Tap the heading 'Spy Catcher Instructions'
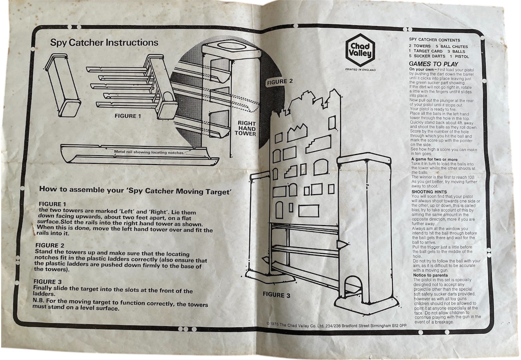[x=104, y=43]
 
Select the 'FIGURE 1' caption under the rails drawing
[x=128, y=116]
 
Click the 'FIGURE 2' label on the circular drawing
[x=280, y=82]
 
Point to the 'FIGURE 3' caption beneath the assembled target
[x=276, y=295]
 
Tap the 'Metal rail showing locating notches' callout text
[x=149, y=152]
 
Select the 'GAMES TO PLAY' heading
[x=433, y=64]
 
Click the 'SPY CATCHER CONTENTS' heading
[x=434, y=40]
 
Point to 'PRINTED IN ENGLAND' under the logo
[x=360, y=70]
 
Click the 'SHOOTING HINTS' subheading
[x=429, y=192]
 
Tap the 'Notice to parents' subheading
[x=430, y=275]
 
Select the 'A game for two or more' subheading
[x=434, y=159]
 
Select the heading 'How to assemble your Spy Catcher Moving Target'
[x=135, y=190]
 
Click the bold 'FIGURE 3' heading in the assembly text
[x=47, y=282]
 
